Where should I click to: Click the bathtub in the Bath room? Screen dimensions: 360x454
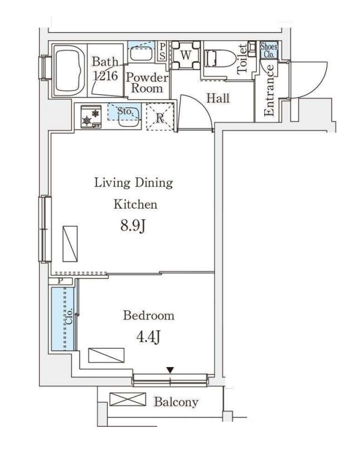tap(70, 70)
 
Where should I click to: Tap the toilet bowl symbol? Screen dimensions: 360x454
tap(220, 59)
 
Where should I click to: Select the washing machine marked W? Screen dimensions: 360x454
tap(186, 55)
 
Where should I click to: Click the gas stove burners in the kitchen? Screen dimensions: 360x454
tap(91, 116)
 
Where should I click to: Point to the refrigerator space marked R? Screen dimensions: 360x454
tap(160, 117)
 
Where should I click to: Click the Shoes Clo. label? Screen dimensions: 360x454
tap(269, 50)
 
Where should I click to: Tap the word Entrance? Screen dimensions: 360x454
tap(269, 90)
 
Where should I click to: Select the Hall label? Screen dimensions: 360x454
tap(218, 99)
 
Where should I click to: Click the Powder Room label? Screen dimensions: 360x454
tap(147, 83)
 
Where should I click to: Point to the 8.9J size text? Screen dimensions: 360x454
tap(133, 226)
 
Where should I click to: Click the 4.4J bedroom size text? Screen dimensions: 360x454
tap(149, 336)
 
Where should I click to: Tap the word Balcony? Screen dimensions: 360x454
tap(176, 402)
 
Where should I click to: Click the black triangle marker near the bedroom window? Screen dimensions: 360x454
tap(170, 370)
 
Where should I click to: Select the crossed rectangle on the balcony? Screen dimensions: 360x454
tap(128, 399)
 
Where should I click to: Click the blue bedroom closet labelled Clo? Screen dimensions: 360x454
tap(63, 319)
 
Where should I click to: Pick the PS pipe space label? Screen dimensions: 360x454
tap(163, 52)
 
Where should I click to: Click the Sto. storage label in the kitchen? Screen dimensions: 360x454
tap(125, 111)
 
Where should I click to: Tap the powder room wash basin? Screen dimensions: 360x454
tap(141, 54)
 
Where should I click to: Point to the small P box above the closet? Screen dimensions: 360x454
tap(60, 281)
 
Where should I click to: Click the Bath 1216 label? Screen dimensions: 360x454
tap(105, 69)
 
